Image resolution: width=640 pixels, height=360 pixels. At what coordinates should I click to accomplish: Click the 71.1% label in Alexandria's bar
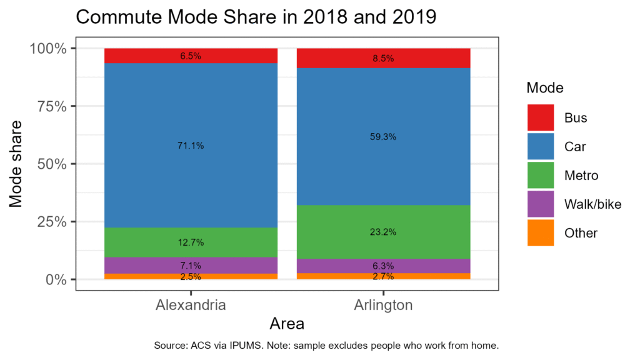191,146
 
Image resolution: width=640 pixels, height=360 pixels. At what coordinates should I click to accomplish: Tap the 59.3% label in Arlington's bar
383,136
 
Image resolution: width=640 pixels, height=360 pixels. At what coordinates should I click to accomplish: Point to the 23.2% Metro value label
383,232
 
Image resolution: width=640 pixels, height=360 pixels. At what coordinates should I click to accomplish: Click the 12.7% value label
191,242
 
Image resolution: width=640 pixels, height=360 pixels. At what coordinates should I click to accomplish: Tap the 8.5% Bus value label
383,59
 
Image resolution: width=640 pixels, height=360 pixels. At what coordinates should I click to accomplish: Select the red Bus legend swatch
541,117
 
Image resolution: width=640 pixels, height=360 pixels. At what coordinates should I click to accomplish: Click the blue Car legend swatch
541,146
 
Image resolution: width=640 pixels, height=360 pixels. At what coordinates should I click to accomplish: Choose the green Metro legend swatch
541,175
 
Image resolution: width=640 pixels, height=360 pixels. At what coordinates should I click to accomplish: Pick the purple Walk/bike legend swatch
541,204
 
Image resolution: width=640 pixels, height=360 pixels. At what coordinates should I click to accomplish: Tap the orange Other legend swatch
541,232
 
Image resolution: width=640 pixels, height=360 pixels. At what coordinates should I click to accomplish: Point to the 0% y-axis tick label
54,279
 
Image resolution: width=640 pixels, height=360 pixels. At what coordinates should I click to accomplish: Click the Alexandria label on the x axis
191,306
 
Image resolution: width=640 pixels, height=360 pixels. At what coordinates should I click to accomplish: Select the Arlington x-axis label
383,306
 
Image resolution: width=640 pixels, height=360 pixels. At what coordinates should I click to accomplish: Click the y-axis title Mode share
16,163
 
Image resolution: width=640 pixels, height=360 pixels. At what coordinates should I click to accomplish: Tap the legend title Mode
545,87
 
